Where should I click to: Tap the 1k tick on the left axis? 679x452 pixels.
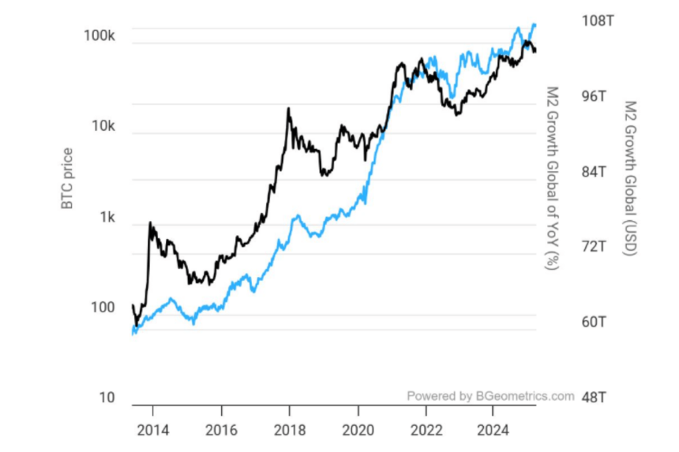[x=107, y=218]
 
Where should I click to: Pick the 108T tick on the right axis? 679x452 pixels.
[x=598, y=21]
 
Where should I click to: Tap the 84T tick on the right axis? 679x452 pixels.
[x=594, y=172]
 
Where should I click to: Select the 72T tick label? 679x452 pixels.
[x=594, y=247]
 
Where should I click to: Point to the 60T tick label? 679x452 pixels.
[x=594, y=322]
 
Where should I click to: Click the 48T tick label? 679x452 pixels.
[x=594, y=397]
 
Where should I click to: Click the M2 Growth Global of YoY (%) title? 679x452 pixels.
[x=553, y=178]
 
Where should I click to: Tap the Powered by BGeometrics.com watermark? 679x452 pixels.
[x=490, y=396]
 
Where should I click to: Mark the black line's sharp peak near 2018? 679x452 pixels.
[x=289, y=109]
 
